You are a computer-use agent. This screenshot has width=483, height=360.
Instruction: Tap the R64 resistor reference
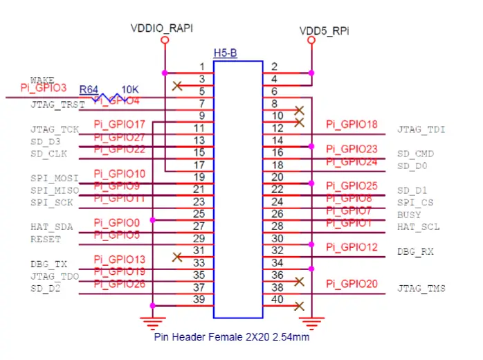tap(88, 89)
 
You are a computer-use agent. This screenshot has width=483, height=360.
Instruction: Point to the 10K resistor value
tap(131, 89)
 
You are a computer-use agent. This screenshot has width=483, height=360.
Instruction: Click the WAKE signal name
tap(42, 80)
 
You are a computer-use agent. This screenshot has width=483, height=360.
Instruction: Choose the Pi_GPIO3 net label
tap(43, 88)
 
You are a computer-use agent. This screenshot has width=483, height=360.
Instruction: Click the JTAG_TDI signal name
tap(421, 129)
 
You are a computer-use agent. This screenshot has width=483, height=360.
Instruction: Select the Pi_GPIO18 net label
tap(352, 125)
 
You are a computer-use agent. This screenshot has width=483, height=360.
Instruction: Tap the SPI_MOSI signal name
tap(54, 178)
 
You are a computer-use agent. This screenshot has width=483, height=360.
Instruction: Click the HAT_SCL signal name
tap(418, 227)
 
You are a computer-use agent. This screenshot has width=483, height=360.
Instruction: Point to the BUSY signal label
tap(409, 215)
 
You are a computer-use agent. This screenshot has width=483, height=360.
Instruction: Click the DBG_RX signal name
tap(415, 252)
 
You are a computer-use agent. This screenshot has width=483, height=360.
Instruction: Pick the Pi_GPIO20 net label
tap(352, 284)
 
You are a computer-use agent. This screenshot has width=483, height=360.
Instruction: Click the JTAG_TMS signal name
tap(421, 289)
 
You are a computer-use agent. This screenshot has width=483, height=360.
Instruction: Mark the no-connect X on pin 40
tap(299, 305)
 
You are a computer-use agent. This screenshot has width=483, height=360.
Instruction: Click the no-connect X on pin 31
tap(177, 257)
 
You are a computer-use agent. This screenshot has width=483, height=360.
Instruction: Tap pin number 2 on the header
tap(275, 67)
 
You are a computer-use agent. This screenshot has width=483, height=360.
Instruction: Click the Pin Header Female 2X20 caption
tap(231, 339)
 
